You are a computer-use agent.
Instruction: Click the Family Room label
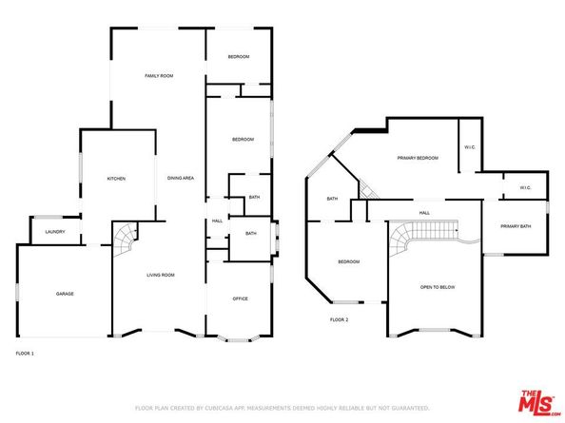click(158, 75)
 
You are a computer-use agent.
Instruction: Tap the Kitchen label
click(116, 179)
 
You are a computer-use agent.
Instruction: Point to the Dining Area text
click(181, 179)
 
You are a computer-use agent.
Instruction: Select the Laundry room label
click(54, 231)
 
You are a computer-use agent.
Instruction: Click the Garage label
click(64, 294)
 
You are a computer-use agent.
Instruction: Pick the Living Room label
click(160, 276)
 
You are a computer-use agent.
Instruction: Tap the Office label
click(241, 298)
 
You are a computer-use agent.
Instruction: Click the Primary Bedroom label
click(418, 158)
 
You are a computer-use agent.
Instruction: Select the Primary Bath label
click(516, 226)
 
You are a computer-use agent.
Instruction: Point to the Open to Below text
click(437, 286)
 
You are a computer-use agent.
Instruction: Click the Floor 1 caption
click(25, 354)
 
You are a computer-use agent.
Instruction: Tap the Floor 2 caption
click(340, 319)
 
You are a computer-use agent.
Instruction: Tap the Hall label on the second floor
click(425, 213)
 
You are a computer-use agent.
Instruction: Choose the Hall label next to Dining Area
click(217, 221)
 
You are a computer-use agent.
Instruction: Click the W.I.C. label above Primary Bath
click(525, 187)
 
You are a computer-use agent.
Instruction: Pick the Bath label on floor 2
click(332, 199)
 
